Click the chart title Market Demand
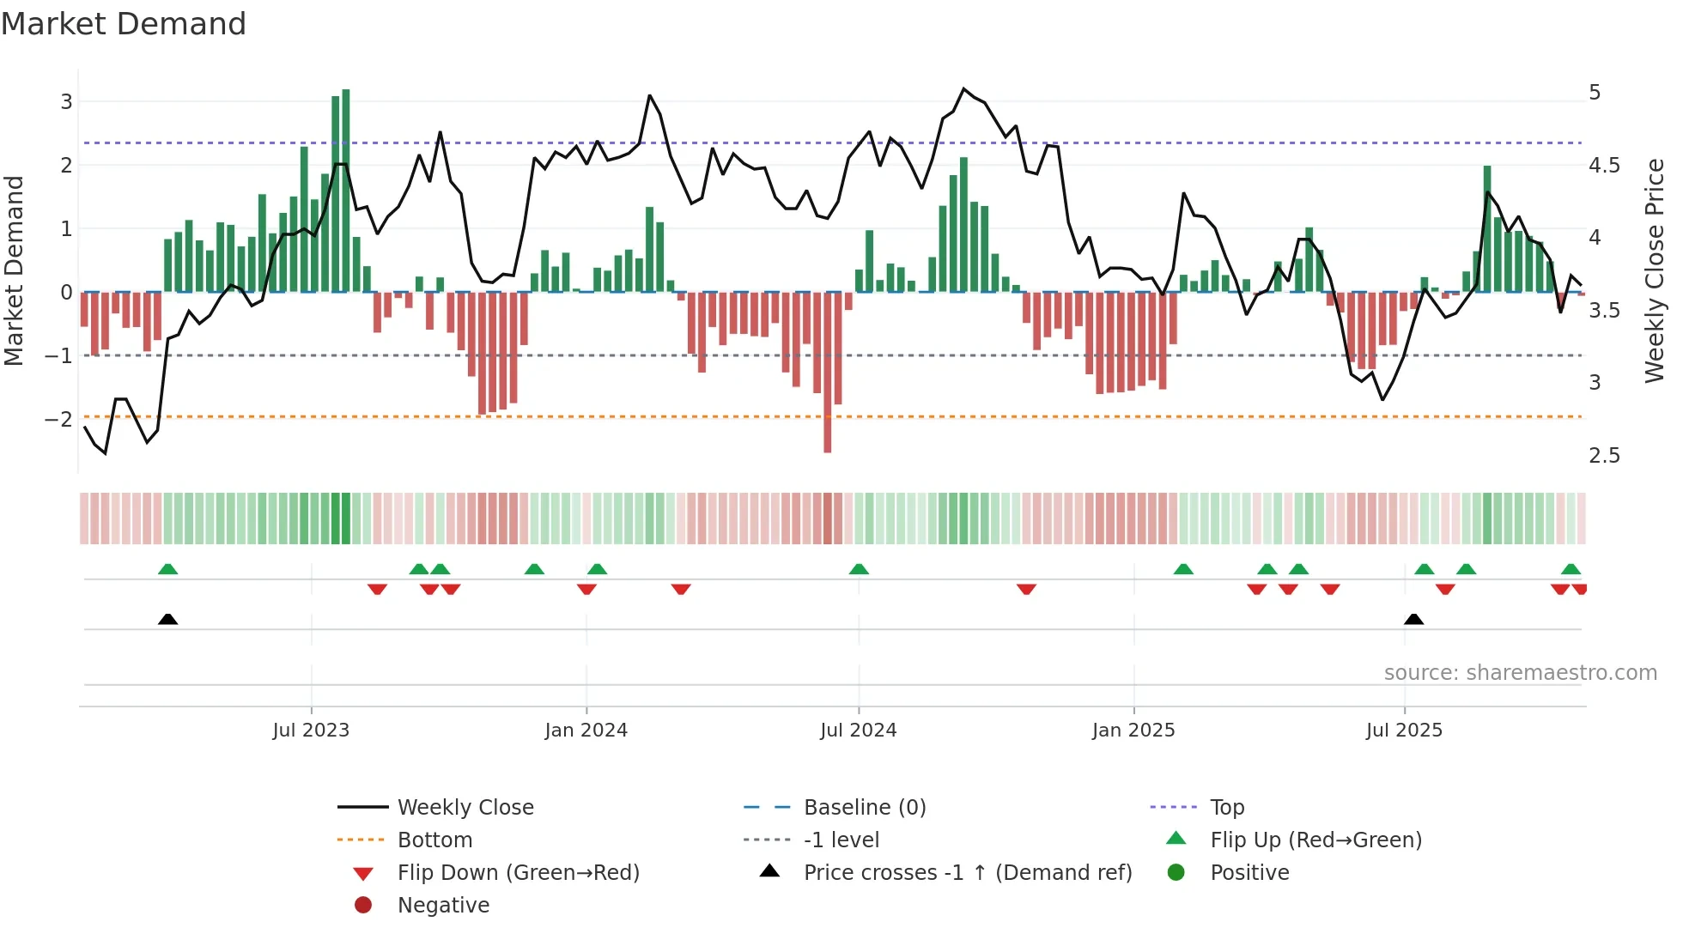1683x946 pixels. coord(124,24)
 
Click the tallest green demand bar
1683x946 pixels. coord(345,191)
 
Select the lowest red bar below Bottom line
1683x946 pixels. coord(828,372)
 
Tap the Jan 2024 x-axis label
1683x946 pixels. coord(586,731)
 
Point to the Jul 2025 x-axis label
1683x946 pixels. coord(1404,731)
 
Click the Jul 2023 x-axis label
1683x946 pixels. coord(311,731)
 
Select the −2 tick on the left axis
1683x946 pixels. coord(58,420)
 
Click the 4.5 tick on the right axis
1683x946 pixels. coord(1603,165)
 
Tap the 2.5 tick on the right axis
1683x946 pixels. coord(1603,456)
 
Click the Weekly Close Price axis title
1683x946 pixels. coord(1654,270)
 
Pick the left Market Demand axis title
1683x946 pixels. coord(14,270)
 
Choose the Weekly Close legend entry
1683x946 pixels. coord(465,808)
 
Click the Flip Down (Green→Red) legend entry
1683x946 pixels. coord(518,873)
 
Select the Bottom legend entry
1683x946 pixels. coord(434,840)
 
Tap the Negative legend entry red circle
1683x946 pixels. coord(363,906)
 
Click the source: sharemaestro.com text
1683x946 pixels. coord(1520,673)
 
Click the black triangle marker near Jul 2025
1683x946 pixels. coord(1413,619)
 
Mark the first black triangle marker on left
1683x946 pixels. coord(168,619)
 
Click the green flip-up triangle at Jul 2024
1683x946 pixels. coord(859,569)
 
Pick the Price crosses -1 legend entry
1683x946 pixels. coord(967,873)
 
